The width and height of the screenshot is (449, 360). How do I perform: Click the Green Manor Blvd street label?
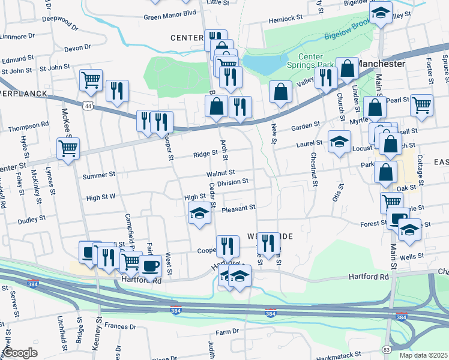[170, 13]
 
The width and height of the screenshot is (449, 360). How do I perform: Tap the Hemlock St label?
[286, 19]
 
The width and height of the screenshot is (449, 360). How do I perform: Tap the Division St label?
[233, 182]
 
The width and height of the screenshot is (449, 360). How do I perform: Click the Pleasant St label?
[238, 208]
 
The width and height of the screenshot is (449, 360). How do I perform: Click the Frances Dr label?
[120, 327]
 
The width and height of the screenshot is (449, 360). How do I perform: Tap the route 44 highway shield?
[88, 105]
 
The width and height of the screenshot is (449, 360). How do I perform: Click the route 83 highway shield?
[386, 349]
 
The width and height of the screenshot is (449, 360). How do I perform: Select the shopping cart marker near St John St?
[91, 79]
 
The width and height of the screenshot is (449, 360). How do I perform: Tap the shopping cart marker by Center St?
[68, 148]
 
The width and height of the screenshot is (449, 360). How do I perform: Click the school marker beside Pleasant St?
[199, 213]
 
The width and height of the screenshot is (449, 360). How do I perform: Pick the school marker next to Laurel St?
[339, 142]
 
